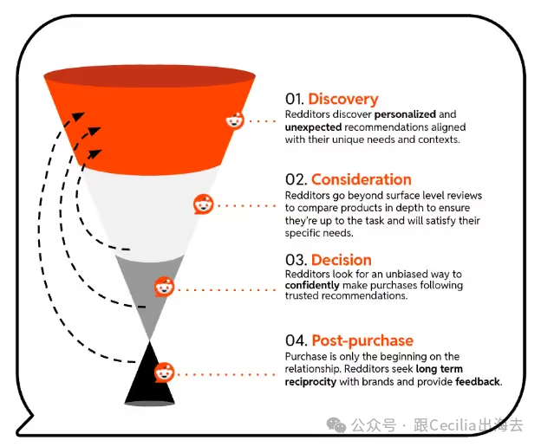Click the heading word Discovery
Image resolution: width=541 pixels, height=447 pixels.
pyautogui.click(x=343, y=100)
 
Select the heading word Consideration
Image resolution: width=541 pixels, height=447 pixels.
pyautogui.click(x=362, y=179)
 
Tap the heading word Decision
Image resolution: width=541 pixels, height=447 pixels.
pyautogui.click(x=342, y=260)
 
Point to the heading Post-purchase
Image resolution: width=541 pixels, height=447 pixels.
pyautogui.click(x=362, y=340)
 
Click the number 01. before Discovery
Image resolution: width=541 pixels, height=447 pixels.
pyautogui.click(x=294, y=100)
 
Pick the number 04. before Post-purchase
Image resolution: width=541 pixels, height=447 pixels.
pyautogui.click(x=296, y=340)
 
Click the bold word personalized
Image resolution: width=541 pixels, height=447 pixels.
pyautogui.click(x=405, y=114)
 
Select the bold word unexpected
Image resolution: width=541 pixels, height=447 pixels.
pyautogui.click(x=313, y=127)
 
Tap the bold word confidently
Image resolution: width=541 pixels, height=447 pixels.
pyautogui.click(x=312, y=285)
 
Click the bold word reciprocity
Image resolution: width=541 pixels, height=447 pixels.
pyautogui.click(x=310, y=382)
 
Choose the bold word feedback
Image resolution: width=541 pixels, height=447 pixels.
pyautogui.click(x=478, y=381)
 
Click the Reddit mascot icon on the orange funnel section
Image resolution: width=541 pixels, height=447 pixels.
pyautogui.click(x=235, y=120)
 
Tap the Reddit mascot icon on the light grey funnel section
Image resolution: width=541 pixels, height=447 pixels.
pyautogui.click(x=203, y=204)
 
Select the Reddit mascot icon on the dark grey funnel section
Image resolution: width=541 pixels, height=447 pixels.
pyautogui.click(x=165, y=287)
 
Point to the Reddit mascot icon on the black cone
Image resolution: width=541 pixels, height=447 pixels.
pyautogui.click(x=165, y=372)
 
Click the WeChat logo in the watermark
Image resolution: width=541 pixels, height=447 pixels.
pyautogui.click(x=336, y=424)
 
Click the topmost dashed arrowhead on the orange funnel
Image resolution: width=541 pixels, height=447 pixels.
pyautogui.click(x=79, y=116)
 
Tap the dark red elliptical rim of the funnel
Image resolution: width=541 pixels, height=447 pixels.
pyautogui.click(x=149, y=75)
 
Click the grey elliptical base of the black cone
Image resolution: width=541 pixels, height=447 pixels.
pyautogui.click(x=149, y=403)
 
